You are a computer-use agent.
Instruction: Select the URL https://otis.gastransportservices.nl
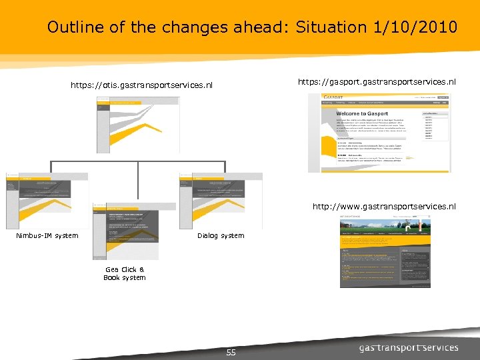pyautogui.click(x=142, y=85)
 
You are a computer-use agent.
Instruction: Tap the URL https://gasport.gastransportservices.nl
pyautogui.click(x=377, y=82)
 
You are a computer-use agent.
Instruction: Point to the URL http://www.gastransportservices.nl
pyautogui.click(x=384, y=207)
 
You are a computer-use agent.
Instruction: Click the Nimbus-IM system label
pyautogui.click(x=47, y=235)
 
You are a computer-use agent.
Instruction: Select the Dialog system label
pyautogui.click(x=221, y=235)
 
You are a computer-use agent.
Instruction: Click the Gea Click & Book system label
pyautogui.click(x=125, y=273)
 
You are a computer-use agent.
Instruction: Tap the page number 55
pyautogui.click(x=231, y=352)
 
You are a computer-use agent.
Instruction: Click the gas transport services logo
pyautogui.click(x=409, y=347)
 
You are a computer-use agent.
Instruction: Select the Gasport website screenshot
pyautogui.click(x=379, y=133)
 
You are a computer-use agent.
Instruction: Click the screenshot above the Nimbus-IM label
pyautogui.click(x=47, y=201)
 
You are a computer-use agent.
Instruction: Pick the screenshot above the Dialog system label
pyautogui.click(x=221, y=201)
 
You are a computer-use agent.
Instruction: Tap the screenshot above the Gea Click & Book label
pyautogui.click(x=125, y=231)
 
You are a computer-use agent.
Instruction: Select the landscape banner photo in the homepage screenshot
pyautogui.click(x=385, y=229)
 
